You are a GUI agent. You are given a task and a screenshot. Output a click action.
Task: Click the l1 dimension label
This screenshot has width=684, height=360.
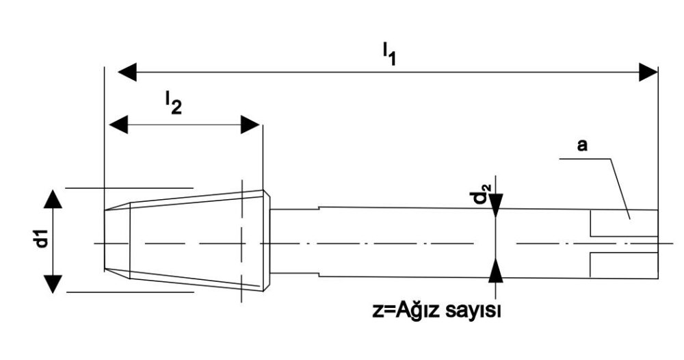(x=389, y=54)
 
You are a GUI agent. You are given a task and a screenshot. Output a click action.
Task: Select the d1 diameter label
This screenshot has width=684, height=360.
(x=42, y=240)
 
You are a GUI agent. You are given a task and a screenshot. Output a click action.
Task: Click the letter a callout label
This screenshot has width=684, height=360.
(x=582, y=145)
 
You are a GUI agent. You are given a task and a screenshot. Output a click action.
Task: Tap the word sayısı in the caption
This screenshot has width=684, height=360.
(x=473, y=311)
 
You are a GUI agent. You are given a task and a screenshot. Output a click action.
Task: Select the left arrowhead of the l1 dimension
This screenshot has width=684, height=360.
(x=127, y=72)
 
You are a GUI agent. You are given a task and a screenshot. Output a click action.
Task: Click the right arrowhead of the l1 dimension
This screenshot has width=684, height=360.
(x=648, y=72)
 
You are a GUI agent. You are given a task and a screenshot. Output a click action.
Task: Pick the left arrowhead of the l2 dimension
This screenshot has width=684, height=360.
(x=118, y=125)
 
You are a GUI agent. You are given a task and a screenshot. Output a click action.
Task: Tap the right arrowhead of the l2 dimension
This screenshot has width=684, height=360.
(x=250, y=125)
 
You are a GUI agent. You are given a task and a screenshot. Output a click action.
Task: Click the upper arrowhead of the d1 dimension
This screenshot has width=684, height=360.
(x=53, y=199)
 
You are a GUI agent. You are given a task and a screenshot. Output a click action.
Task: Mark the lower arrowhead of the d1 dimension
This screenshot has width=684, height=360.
(x=53, y=284)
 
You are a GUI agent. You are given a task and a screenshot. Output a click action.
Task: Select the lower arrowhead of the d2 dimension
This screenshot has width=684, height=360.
(x=495, y=270)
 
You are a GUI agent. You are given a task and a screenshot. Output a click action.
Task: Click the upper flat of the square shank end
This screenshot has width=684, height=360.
(x=624, y=223)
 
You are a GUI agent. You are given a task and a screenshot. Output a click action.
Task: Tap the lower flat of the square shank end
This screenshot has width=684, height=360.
(x=624, y=265)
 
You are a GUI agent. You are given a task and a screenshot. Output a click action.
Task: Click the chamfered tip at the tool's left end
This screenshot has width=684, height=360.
(x=118, y=240)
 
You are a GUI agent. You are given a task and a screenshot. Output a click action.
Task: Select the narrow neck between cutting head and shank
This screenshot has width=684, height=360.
(x=295, y=242)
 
